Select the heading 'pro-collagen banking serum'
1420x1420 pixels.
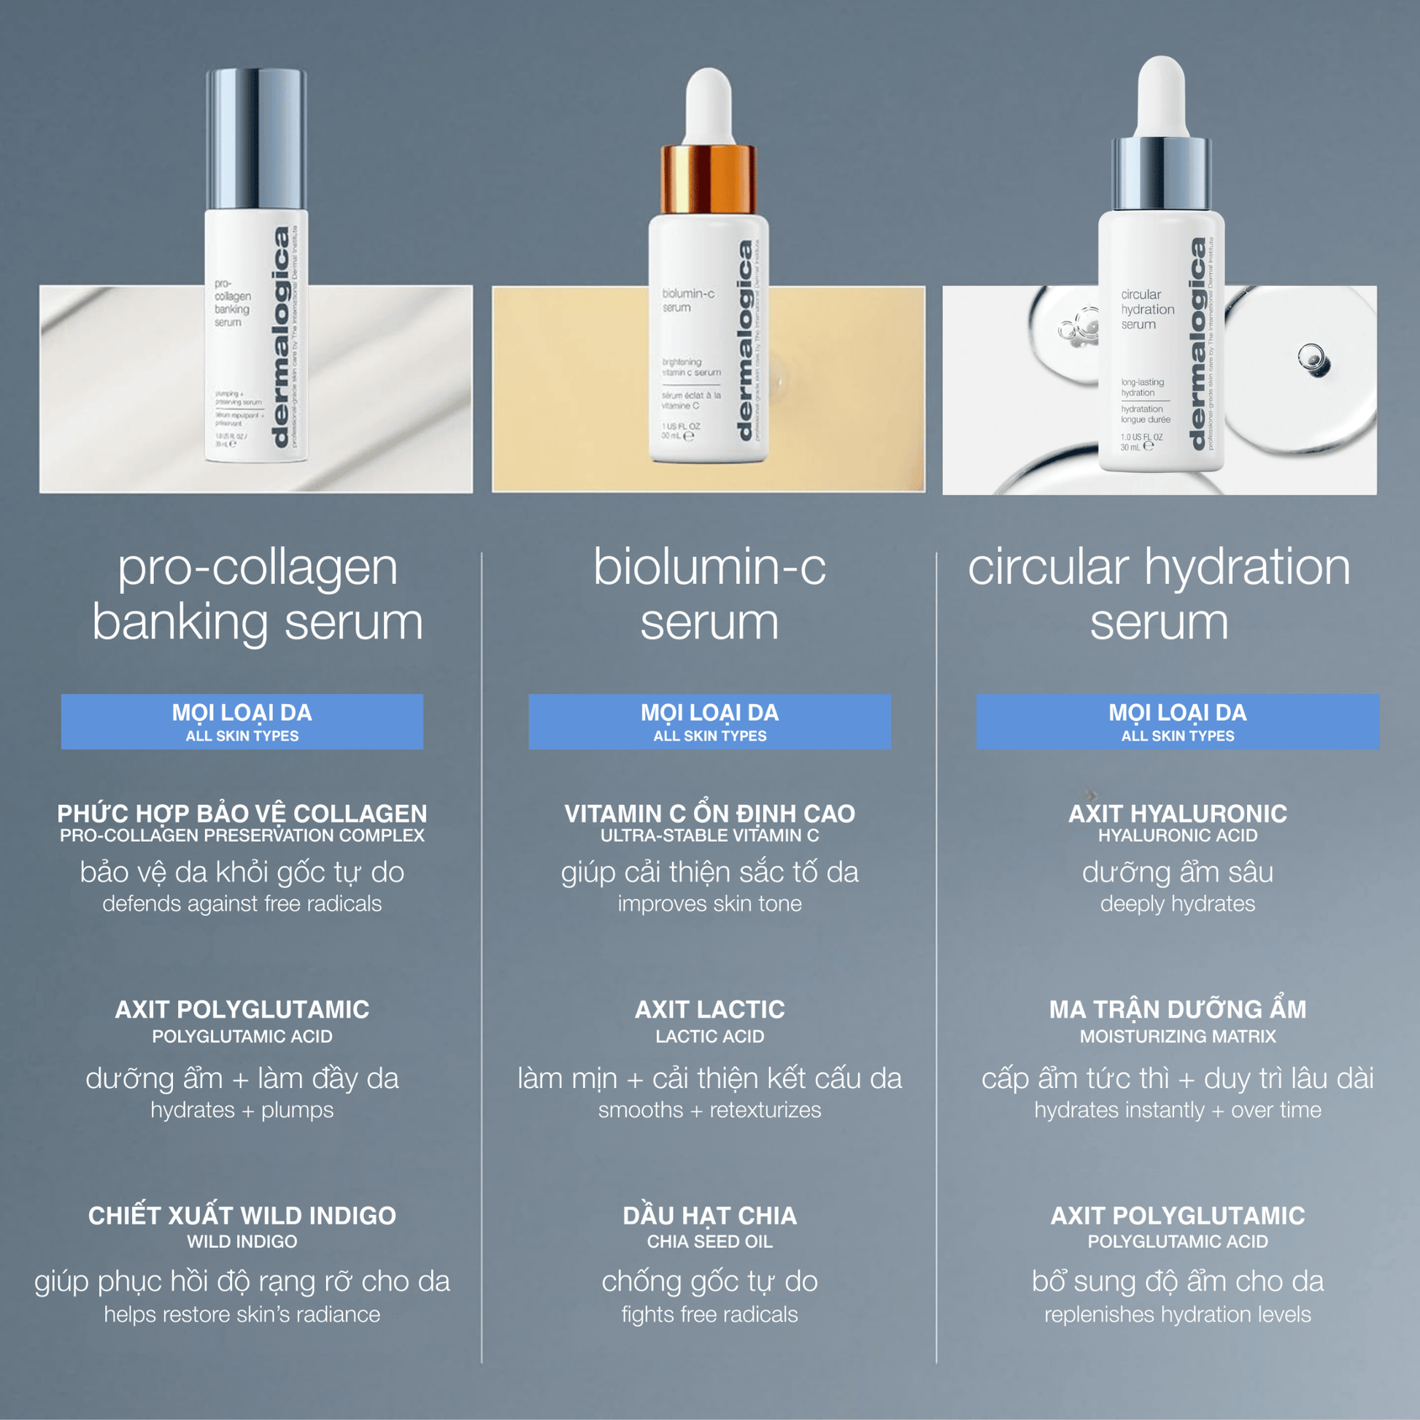258,595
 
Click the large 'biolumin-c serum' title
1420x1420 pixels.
709,595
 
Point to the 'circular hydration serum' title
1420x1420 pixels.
1159,595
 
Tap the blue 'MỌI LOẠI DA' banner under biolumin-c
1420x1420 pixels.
709,721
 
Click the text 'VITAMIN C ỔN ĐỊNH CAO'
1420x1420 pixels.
709,813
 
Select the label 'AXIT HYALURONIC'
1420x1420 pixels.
1178,813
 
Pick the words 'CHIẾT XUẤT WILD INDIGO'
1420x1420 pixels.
242,1216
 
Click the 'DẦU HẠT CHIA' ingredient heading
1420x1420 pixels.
709,1216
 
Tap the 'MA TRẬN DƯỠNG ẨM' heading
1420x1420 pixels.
1178,1009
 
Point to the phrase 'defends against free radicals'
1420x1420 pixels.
242,903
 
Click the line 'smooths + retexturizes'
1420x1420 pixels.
709,1110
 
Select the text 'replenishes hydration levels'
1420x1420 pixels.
1178,1314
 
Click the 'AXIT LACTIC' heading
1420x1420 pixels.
709,1009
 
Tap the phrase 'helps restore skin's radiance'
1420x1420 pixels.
242,1314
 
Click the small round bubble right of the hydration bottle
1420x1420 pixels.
1311,358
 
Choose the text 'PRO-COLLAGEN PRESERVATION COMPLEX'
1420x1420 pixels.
242,836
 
